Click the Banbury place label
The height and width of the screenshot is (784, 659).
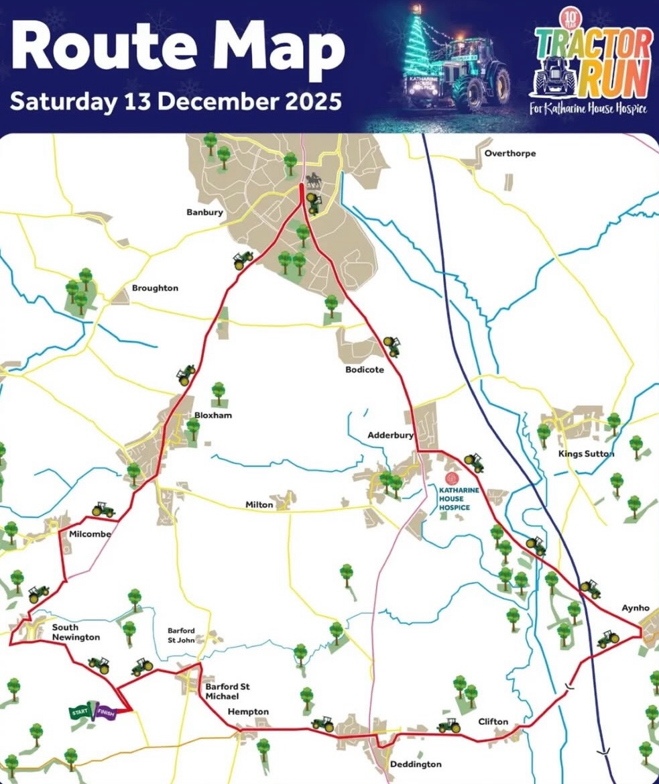204,213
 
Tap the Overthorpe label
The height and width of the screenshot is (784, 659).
510,154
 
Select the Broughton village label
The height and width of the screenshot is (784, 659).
155,288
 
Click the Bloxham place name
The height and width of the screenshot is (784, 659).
213,415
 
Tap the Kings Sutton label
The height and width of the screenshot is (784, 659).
587,454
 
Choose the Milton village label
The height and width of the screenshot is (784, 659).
259,504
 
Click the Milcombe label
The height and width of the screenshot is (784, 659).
89,535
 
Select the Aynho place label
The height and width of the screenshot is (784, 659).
636,608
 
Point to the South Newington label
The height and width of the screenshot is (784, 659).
76,632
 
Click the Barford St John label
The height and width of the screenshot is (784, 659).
181,635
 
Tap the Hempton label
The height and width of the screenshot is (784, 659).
247,712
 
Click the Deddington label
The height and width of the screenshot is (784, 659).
416,765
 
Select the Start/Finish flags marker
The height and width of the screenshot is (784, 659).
94,713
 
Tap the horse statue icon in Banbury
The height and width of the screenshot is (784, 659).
312,180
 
